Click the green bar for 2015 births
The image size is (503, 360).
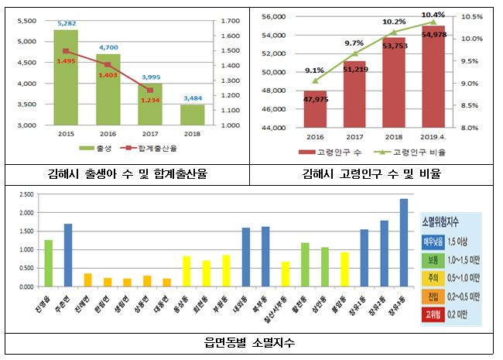pos(65,77)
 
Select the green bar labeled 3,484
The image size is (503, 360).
pos(193,115)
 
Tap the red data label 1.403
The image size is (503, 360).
pos(108,74)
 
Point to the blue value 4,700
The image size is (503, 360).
pos(108,47)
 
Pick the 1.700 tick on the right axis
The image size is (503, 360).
pos(230,21)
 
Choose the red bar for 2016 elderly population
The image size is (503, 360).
pos(315,108)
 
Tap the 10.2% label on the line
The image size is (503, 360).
pos(394,22)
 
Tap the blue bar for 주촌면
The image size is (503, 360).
pos(68,255)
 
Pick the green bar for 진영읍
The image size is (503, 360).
pos(49,263)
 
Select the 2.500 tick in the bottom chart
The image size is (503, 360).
pos(28,194)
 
